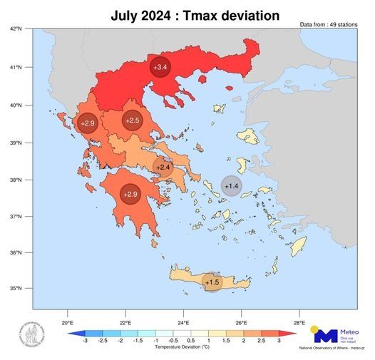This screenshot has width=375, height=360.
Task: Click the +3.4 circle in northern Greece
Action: coord(160,66)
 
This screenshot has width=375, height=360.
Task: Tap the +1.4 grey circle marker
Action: coord(232,186)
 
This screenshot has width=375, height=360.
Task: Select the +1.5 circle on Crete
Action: coord(212,282)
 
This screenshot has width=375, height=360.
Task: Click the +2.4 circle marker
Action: coord(163,168)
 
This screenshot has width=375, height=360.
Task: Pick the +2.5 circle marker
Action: coord(133,121)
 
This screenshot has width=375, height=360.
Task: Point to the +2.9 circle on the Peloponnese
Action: coord(130,193)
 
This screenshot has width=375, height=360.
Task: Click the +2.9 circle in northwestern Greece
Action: coord(88,124)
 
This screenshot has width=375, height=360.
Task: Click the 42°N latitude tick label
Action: coord(16,29)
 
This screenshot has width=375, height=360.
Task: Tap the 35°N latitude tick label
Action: coord(16,289)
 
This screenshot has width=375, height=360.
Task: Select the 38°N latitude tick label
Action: coord(16,178)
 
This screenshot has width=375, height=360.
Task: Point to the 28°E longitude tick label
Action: coord(299,318)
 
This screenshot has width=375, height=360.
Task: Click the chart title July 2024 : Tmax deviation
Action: coord(195,14)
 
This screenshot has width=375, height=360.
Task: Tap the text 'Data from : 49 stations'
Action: coord(329,25)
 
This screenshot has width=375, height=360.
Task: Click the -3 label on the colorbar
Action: coord(85,342)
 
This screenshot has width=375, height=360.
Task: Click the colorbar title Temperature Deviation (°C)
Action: coord(181,349)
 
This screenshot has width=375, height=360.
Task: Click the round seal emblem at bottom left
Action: coord(31,336)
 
